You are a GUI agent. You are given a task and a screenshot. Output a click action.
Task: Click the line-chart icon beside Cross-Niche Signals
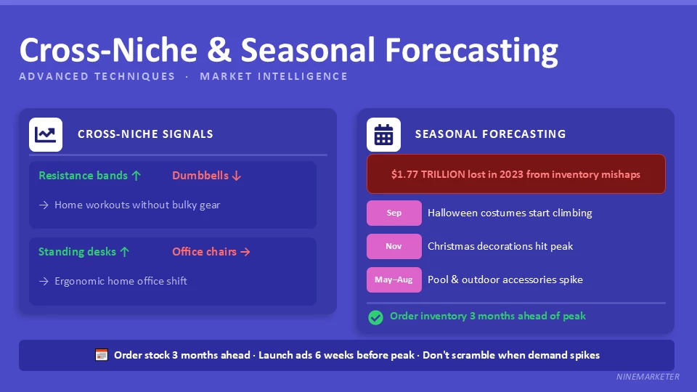click(x=46, y=134)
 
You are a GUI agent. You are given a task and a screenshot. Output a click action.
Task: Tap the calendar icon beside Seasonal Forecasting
click(x=383, y=134)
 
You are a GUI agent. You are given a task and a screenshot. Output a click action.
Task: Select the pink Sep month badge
click(x=394, y=213)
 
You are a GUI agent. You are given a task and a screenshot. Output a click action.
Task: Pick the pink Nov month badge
click(x=394, y=247)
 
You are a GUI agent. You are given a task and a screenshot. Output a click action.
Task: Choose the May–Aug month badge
click(x=394, y=279)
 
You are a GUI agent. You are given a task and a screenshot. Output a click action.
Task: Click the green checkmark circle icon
click(x=375, y=317)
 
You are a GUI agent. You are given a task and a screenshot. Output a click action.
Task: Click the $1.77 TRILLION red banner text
click(x=515, y=174)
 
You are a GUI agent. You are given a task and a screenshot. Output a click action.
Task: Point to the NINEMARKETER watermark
click(x=648, y=377)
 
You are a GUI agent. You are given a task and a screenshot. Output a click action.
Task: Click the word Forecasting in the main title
click(x=471, y=50)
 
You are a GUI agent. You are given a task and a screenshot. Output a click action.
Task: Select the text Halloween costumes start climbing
click(x=510, y=213)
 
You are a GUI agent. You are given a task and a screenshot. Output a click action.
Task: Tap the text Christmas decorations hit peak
click(x=500, y=247)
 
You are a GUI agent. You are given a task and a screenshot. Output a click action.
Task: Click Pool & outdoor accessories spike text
click(x=505, y=279)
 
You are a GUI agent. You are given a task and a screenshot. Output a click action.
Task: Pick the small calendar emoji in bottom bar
click(x=102, y=355)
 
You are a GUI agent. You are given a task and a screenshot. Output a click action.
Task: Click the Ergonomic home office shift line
click(x=121, y=281)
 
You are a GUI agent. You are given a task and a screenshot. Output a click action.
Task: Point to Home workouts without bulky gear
click(x=137, y=205)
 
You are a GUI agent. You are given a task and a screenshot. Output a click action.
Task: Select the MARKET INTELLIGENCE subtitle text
click(x=274, y=76)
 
